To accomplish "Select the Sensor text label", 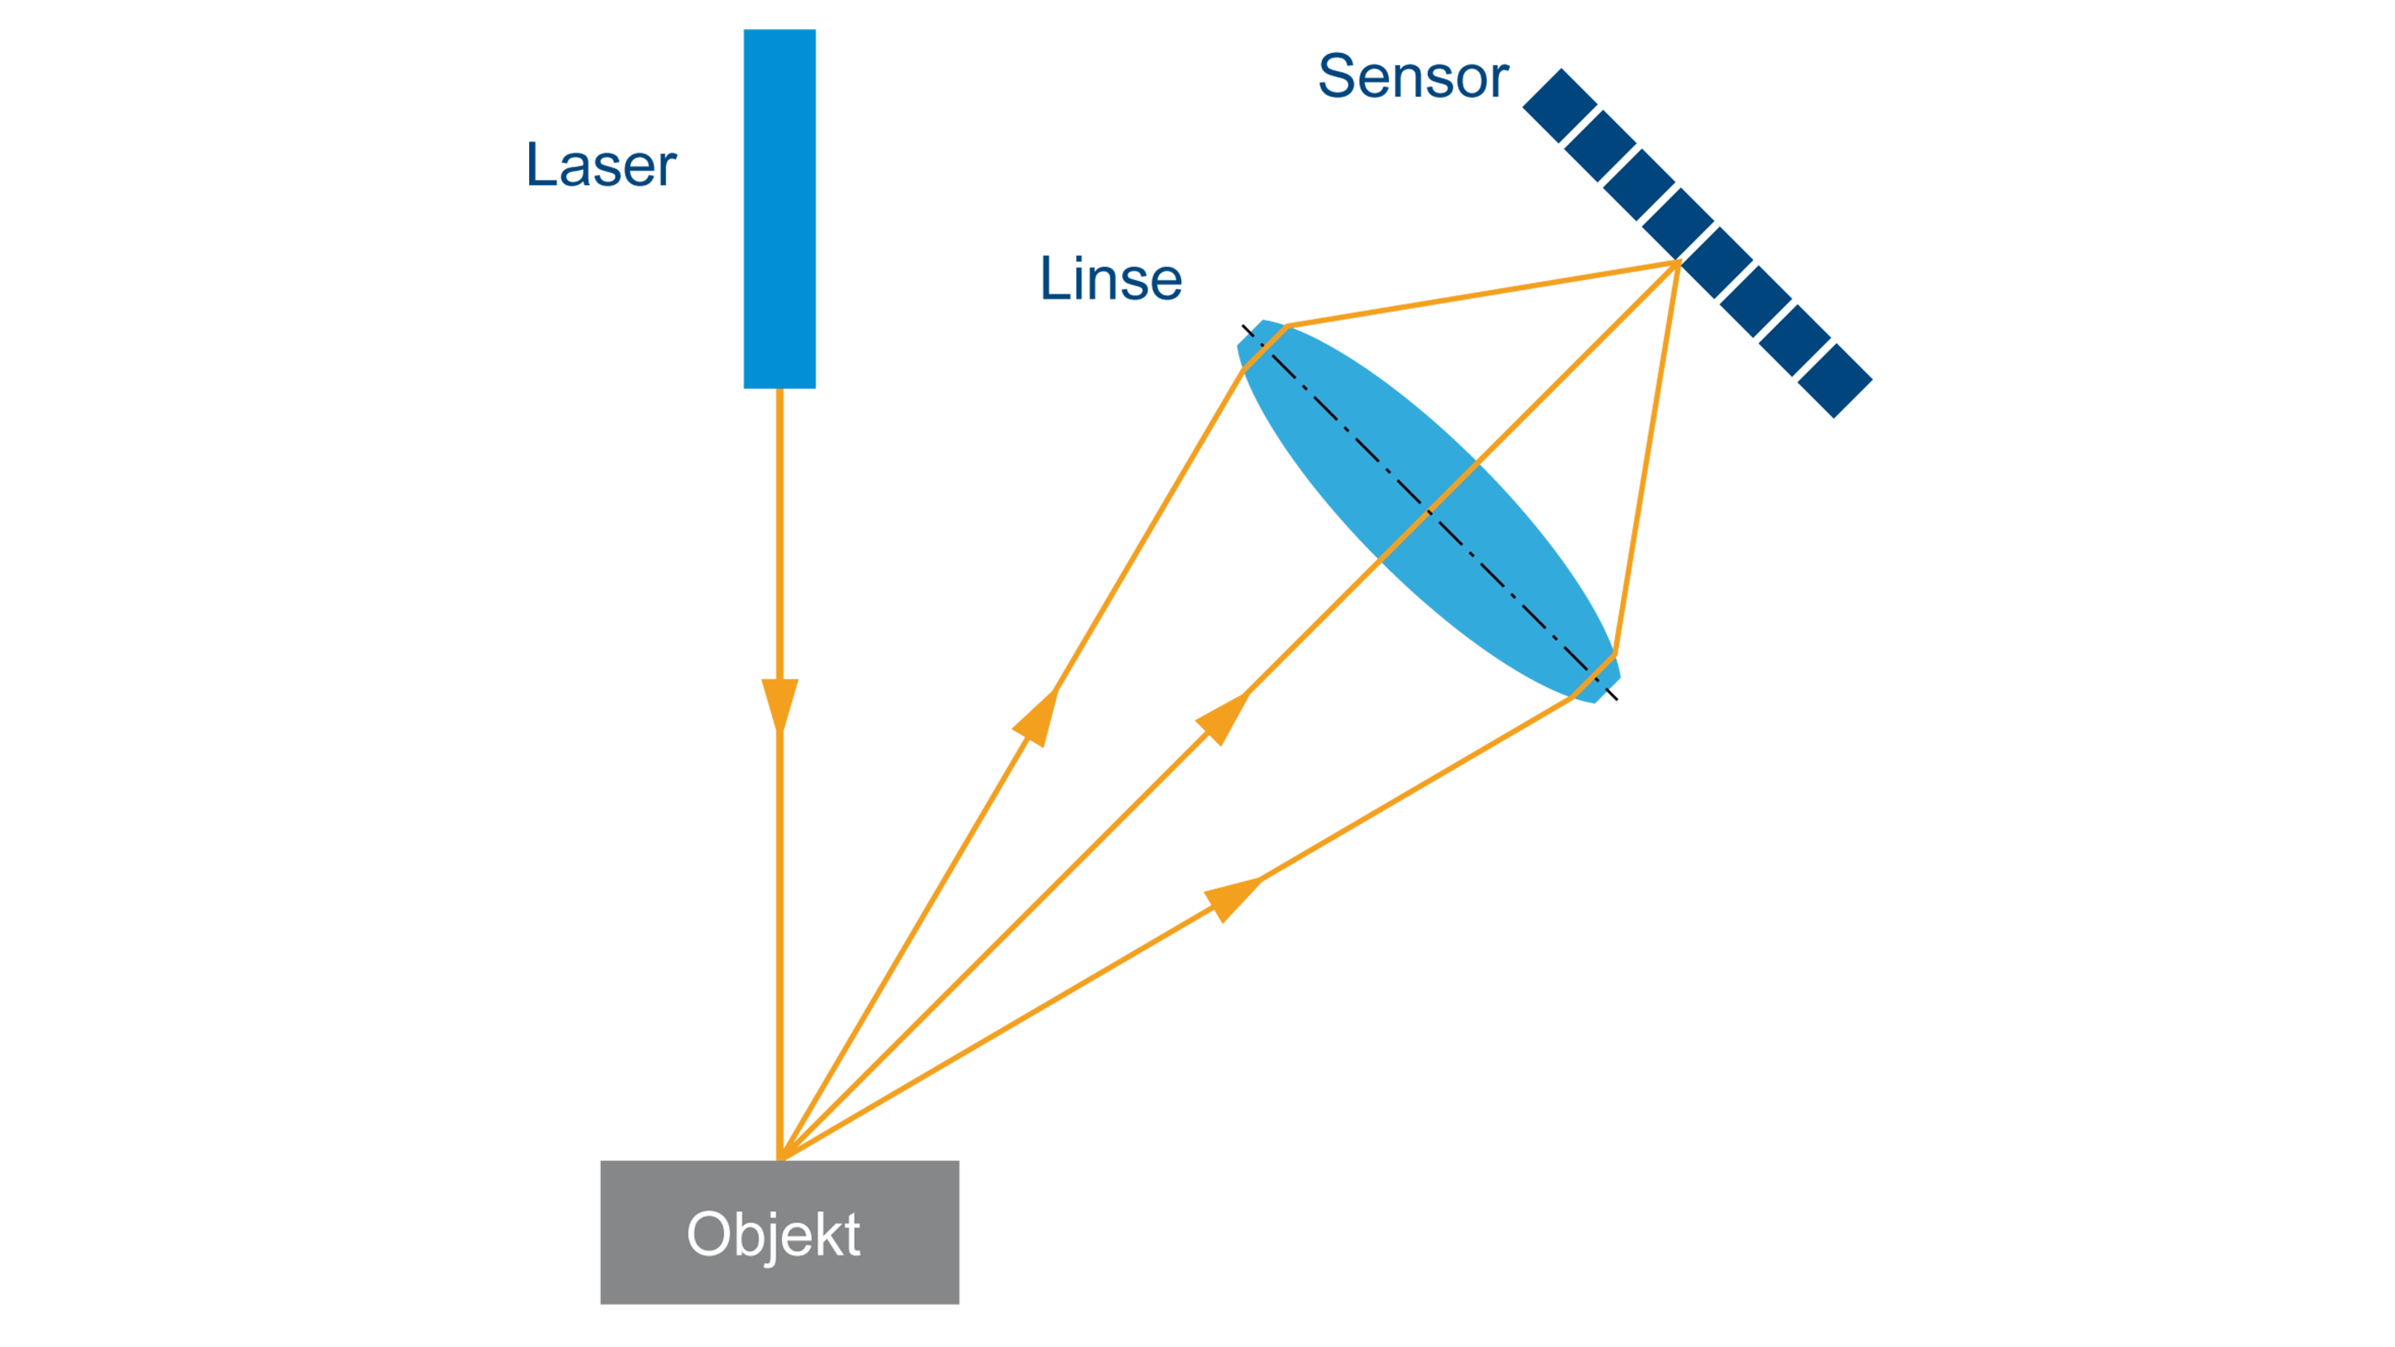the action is coord(1413,76).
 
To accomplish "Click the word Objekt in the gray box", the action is coord(774,1235).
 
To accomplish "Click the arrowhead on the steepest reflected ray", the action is coord(1037,717).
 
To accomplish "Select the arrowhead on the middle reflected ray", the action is coord(1221,718).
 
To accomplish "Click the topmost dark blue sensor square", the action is coord(1560,105).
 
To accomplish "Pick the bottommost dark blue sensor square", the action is coord(1834,380).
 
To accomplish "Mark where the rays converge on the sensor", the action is coord(1677,264).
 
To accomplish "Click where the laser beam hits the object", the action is coord(780,1159).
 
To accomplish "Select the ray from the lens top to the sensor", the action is coord(1481,295).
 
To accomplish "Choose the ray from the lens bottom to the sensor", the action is coord(1647,459).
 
